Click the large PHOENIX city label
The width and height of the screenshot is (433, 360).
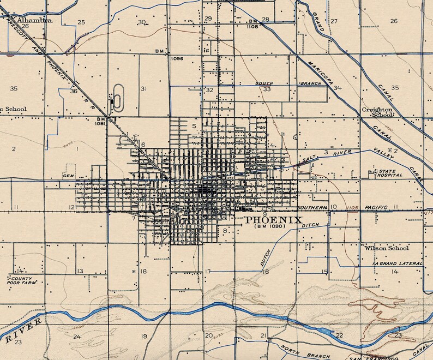click(274, 220)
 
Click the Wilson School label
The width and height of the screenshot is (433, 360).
click(387, 248)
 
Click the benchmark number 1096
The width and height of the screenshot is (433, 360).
click(177, 58)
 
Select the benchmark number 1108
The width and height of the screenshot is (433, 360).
click(252, 26)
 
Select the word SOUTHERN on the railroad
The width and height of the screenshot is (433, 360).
click(312, 208)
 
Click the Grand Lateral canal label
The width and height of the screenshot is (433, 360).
click(396, 263)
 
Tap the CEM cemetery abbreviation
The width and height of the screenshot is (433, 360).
click(68, 176)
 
